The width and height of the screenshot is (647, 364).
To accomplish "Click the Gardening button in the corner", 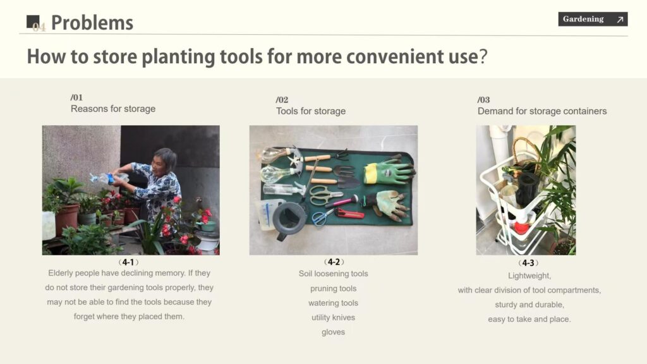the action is (593, 19).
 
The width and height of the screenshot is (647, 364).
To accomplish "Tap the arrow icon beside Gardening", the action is (620, 20).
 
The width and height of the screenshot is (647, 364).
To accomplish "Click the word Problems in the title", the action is (92, 23).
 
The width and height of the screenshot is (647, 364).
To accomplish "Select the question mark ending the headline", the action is (483, 56).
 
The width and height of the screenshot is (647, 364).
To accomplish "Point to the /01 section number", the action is (76, 97).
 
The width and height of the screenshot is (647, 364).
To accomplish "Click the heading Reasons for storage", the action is (113, 109).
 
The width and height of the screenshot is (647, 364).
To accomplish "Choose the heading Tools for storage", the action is (311, 111).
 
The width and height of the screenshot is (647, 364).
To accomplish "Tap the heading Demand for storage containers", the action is (541, 111).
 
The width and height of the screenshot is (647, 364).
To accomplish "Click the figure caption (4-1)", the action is (128, 262).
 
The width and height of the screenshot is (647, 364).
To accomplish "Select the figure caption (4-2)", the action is (334, 262).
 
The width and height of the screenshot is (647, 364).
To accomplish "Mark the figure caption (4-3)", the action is (528, 263).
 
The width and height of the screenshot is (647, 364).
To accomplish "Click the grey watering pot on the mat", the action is (289, 217).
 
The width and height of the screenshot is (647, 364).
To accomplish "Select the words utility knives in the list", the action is (334, 317).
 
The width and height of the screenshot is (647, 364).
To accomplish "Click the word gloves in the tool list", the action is (334, 332).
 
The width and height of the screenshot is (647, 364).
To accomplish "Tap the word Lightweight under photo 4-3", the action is (529, 276).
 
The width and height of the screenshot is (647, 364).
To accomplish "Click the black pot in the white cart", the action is (528, 189).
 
